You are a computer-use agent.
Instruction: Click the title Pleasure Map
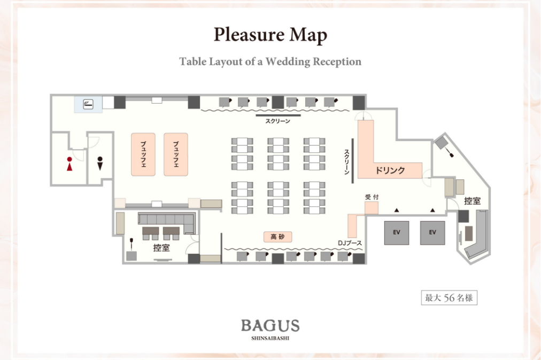(270, 35)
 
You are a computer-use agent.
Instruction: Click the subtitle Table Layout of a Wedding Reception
(270, 61)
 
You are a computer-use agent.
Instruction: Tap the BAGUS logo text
(270, 325)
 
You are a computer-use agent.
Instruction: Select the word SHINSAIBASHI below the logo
(270, 338)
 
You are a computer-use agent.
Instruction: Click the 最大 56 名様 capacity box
(449, 298)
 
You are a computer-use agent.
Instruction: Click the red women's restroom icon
(69, 164)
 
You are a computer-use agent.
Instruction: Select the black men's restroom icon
(100, 163)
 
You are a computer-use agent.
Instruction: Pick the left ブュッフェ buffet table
(143, 154)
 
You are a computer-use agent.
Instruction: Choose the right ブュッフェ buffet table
(176, 154)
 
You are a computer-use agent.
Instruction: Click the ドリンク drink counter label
(390, 171)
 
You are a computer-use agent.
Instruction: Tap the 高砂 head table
(278, 237)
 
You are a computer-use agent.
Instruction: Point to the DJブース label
(350, 244)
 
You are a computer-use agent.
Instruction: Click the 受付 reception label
(372, 198)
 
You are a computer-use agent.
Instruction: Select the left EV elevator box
(397, 233)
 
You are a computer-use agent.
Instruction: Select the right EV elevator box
(432, 233)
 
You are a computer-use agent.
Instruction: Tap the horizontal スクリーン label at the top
(278, 121)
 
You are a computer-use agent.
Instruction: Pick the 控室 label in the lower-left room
(161, 248)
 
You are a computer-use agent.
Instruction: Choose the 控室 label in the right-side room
(472, 201)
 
